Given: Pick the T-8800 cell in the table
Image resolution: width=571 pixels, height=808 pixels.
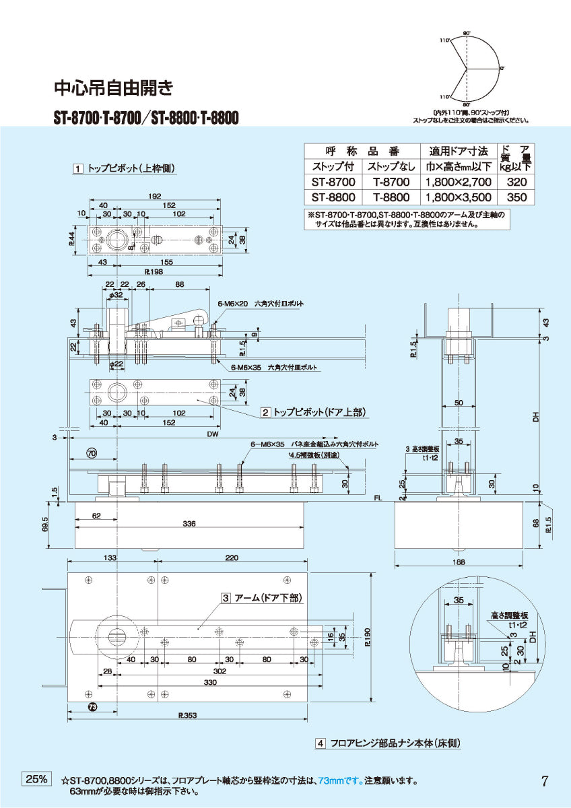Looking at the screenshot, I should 391,197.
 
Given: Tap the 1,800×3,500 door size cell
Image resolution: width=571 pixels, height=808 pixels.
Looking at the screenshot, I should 458,197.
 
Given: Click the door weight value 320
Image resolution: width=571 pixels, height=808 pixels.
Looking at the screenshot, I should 516,182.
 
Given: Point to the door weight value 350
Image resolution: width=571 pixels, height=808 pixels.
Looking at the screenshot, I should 516,197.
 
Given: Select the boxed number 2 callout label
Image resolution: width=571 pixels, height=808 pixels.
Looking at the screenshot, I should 266,411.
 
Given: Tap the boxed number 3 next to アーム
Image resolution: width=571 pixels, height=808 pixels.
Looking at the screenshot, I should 226,597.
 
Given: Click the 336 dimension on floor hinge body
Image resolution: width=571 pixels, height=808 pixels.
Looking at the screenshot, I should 189,524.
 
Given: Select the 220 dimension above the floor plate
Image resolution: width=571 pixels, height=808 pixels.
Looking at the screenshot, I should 232,558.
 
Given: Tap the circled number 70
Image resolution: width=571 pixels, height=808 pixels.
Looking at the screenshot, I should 92,452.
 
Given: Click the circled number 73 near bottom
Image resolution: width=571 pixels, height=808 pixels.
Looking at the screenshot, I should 92,706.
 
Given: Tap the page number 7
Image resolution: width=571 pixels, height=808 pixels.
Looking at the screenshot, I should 544,781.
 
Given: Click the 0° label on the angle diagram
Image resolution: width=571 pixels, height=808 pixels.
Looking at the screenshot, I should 502,69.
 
